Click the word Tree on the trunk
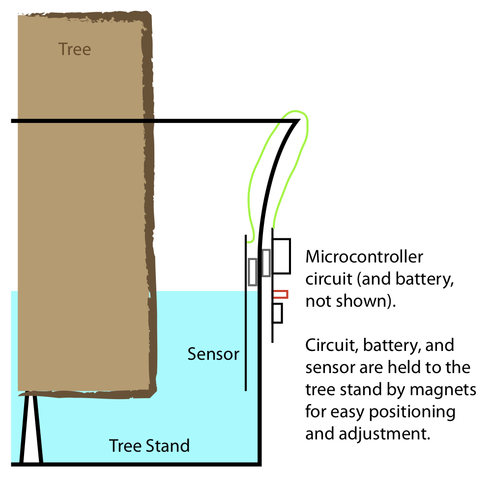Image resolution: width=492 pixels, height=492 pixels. [74, 49]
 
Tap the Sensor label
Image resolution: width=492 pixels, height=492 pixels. [213, 354]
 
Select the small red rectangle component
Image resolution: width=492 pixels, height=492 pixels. [280, 294]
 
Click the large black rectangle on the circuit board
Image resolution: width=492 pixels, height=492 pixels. [282, 256]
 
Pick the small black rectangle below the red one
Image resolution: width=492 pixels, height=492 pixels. [277, 313]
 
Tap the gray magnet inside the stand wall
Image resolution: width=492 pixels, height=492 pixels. [253, 272]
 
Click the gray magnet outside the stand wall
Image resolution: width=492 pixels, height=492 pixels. [266, 262]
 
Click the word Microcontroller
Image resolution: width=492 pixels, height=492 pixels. [364, 257]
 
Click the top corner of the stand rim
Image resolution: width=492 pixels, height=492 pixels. [298, 120]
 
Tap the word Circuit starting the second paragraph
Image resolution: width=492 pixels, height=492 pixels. [329, 345]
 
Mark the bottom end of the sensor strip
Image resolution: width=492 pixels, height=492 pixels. [245, 389]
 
